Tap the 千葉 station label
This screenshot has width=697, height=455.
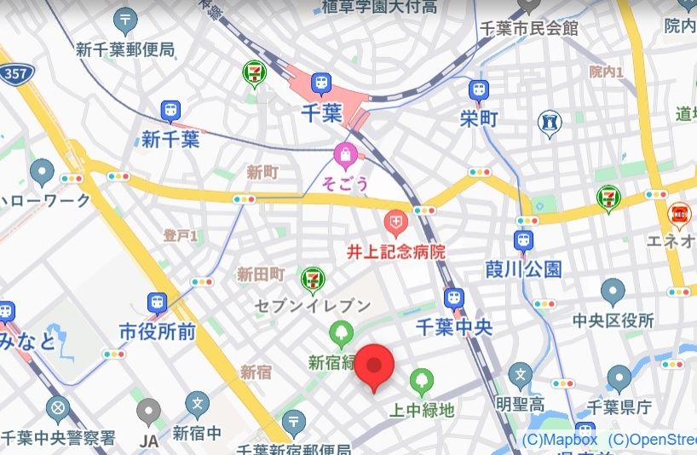click(321, 113)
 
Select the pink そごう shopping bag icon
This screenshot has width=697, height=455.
click(345, 156)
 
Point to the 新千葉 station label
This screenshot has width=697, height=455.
click(170, 139)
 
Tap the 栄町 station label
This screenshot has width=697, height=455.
click(478, 118)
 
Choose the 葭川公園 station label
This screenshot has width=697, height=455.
click(523, 270)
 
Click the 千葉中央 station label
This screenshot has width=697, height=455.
click(454, 328)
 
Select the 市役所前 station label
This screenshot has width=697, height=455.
click(157, 331)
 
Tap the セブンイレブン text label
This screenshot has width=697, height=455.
click(314, 305)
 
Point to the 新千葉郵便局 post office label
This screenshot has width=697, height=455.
click(125, 49)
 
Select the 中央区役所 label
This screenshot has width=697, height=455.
click(613, 321)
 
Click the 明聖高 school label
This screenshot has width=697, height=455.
click(521, 403)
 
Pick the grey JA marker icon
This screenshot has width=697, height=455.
click(149, 413)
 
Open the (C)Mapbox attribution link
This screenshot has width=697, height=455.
click(559, 440)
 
